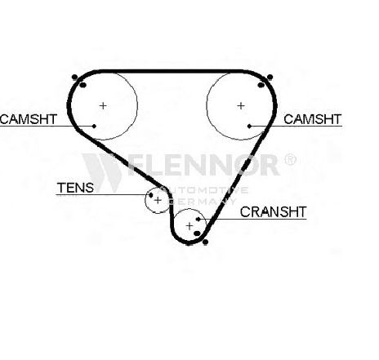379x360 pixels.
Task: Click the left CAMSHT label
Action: coord(29,119)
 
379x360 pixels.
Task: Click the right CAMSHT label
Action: coord(312,119)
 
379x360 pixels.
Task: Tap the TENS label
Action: coord(75,188)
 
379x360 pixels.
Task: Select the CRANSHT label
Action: coord(273,212)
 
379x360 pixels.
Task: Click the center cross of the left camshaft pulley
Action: coord(103,105)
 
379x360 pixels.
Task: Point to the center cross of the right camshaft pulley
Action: coord(241,105)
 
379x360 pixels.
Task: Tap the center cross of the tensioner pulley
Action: coord(158,201)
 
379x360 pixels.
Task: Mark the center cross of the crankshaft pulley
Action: coord(189,226)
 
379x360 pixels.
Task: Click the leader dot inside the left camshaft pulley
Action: coord(94,126)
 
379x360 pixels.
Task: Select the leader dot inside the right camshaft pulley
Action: coord(249,126)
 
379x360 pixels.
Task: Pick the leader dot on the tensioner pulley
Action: coord(151,195)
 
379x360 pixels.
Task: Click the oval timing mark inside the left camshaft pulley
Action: coord(83,85)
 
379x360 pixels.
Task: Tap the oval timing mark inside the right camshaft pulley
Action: coord(261,85)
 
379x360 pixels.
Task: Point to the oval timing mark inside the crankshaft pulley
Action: coord(197,233)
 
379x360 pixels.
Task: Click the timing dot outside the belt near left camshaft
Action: coord(74,77)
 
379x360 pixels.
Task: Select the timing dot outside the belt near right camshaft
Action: coord(270,77)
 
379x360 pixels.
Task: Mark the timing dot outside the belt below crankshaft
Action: coord(206,242)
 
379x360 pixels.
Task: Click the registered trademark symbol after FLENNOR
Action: coord(290,160)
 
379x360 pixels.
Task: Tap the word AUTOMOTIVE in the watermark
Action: coord(203,190)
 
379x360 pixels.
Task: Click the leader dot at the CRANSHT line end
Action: coord(198,219)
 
